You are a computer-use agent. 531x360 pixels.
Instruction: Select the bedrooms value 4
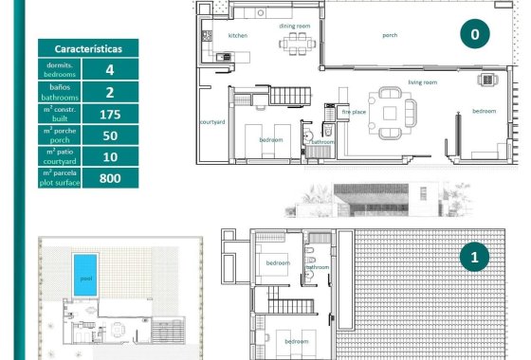(110, 69)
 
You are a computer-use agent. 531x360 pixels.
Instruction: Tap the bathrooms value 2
(110, 92)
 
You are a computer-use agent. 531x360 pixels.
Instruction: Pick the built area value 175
(110, 114)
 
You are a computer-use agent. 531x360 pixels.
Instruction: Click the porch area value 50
(110, 135)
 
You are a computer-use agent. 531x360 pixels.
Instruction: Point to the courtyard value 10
(110, 156)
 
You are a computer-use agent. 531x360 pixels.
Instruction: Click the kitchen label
(238, 35)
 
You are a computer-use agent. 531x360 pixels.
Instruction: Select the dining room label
(295, 27)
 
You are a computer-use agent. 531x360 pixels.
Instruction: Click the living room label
(423, 82)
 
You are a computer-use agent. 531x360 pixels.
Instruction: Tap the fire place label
(353, 112)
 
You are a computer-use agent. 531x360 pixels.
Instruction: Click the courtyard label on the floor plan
(212, 121)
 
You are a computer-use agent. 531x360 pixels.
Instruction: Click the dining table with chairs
(296, 44)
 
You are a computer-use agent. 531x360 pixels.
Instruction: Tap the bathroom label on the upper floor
(317, 267)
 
